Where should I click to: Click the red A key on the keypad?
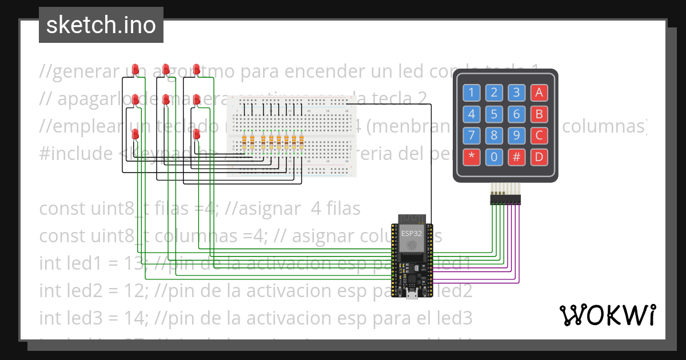pyautogui.click(x=539, y=93)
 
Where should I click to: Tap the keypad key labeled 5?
pyautogui.click(x=494, y=114)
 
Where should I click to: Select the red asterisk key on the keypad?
pyautogui.click(x=472, y=157)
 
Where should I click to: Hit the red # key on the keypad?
pyautogui.click(x=516, y=157)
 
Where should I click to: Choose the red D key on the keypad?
pyautogui.click(x=539, y=157)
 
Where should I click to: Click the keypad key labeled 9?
pyautogui.click(x=516, y=135)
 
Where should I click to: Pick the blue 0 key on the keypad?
pyautogui.click(x=494, y=157)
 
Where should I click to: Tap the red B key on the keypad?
pyautogui.click(x=539, y=114)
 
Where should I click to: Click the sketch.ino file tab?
pyautogui.click(x=101, y=25)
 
